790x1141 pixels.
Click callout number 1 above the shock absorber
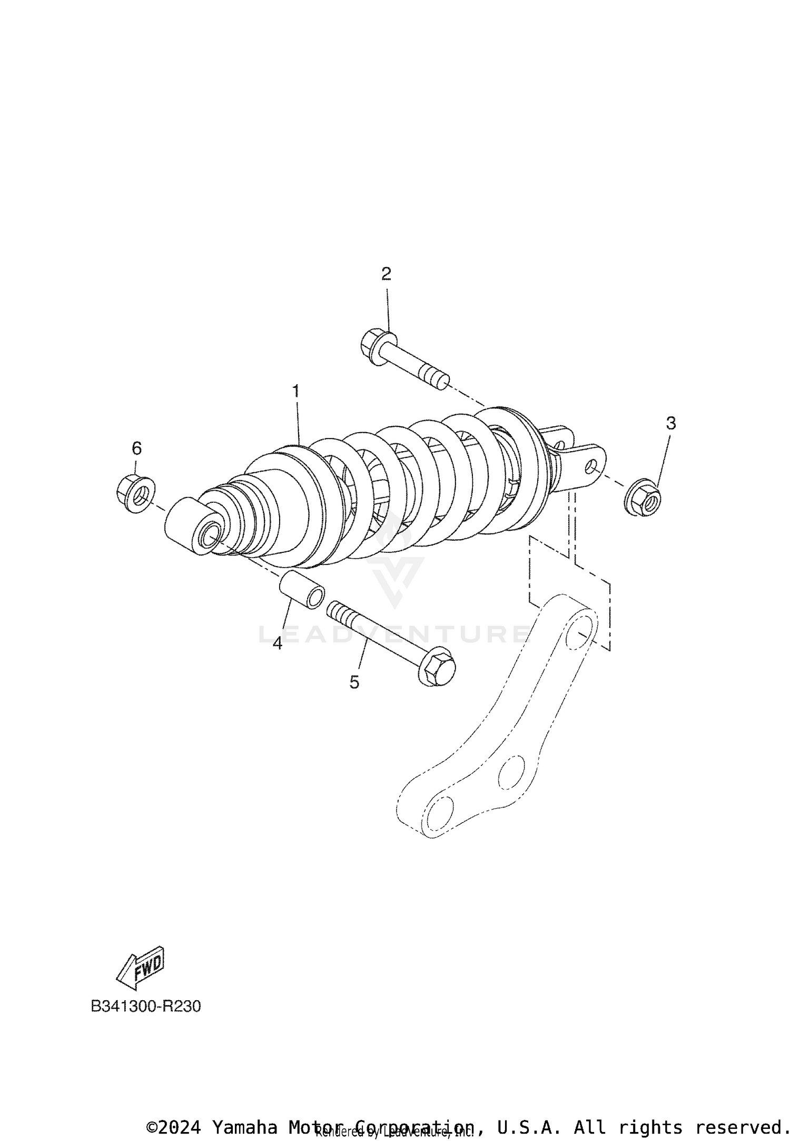click(x=296, y=392)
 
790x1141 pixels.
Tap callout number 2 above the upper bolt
click(x=386, y=274)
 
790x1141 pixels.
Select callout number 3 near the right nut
click(x=670, y=423)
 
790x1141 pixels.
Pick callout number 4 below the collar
click(x=278, y=643)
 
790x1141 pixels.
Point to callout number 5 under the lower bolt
click(x=354, y=682)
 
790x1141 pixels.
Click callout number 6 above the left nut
click(x=136, y=448)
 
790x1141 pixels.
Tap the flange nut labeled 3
click(x=644, y=497)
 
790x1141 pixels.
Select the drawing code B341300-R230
click(x=146, y=1006)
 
